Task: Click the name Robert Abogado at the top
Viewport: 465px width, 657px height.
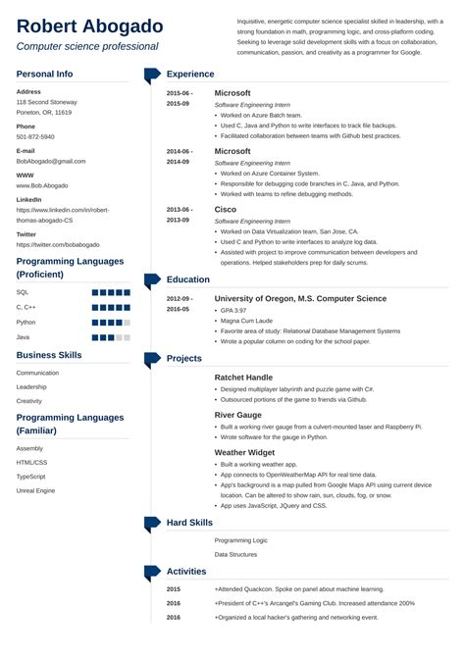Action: [90, 26]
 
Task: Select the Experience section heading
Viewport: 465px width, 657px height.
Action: [190, 74]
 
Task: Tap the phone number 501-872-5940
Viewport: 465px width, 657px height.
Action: [35, 136]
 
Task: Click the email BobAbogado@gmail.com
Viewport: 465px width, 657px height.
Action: [51, 161]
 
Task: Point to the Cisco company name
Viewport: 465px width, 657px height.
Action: [226, 209]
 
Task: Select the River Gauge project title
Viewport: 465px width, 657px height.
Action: [239, 414]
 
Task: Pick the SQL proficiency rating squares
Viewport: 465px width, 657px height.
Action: [111, 292]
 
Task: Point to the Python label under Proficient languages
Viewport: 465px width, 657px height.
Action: [26, 322]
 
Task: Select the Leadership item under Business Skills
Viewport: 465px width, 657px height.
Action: [31, 386]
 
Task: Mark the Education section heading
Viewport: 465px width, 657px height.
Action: [189, 279]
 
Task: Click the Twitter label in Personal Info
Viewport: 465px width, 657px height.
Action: [26, 234]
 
